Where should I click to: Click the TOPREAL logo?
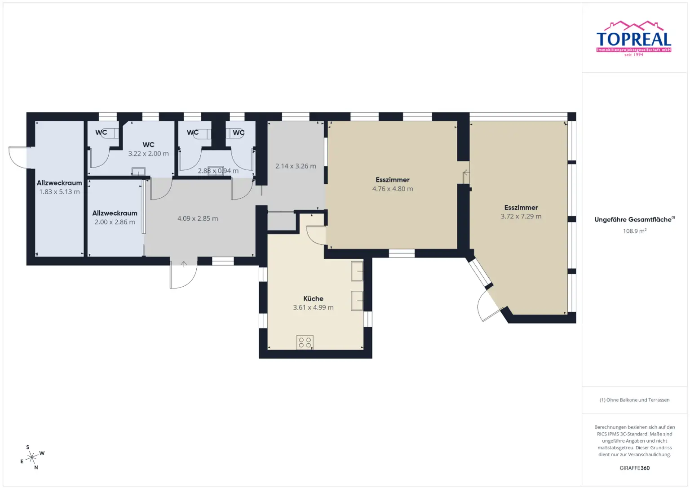633,39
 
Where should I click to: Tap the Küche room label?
313,298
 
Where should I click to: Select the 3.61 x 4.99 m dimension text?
313,308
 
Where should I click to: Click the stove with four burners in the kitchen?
305,342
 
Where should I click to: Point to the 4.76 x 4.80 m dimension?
392,189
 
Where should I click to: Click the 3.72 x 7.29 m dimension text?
521,217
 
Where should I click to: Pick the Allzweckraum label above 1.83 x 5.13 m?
59,183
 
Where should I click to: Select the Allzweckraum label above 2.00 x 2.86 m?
115,213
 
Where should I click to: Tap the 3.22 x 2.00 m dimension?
148,154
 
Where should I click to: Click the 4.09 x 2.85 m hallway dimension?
197,219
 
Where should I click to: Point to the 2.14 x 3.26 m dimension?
296,166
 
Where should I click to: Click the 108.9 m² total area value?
634,231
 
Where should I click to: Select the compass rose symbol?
31,457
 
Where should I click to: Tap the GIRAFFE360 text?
634,468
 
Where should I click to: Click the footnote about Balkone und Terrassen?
634,400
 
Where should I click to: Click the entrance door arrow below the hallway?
184,264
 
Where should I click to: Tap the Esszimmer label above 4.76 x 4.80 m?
392,180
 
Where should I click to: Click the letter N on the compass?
36,467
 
